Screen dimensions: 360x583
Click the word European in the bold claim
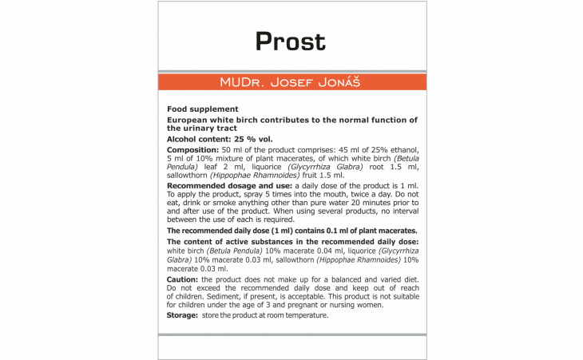tap(189, 120)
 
